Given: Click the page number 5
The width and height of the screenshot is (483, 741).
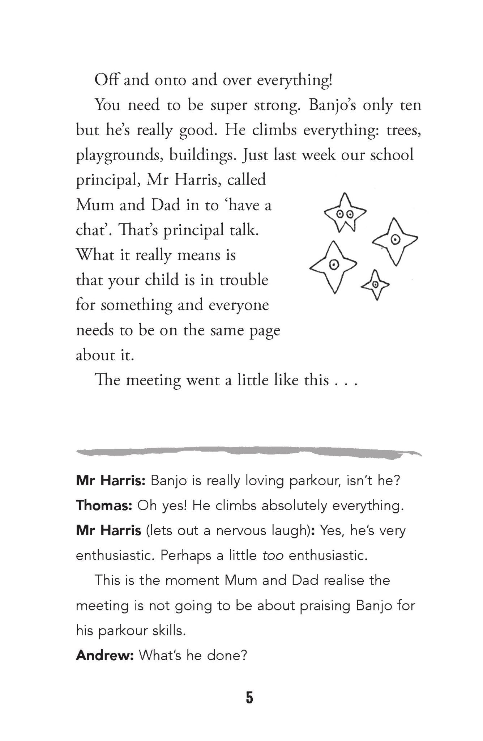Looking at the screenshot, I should (x=249, y=698).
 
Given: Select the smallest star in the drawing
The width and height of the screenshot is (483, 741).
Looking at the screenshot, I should (x=375, y=285).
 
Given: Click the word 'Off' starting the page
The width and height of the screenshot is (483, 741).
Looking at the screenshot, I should (x=107, y=80).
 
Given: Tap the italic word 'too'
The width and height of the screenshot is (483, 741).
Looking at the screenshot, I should (x=273, y=555).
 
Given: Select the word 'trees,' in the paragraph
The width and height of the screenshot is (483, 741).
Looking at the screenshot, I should (x=404, y=130).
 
